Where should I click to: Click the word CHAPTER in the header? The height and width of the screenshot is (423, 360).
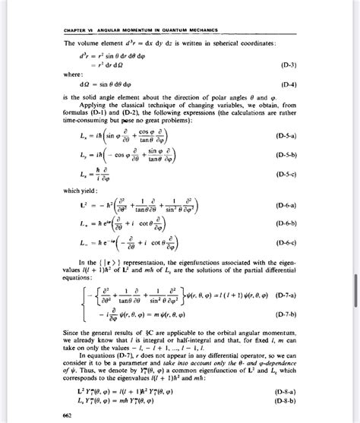(55, 31)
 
